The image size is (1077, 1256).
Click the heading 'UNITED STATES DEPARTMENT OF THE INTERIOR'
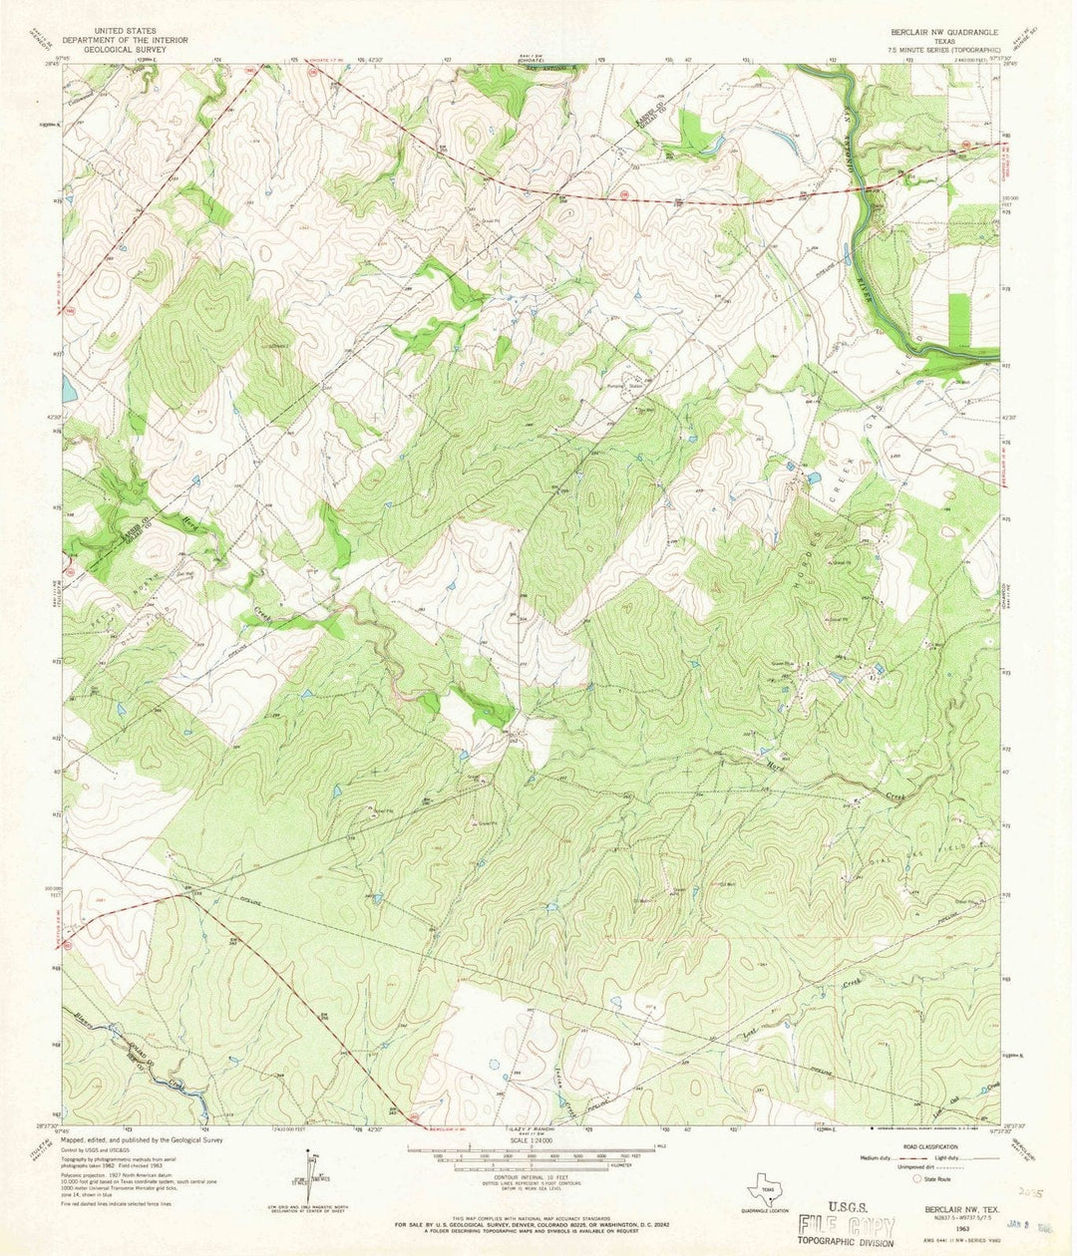[125, 34]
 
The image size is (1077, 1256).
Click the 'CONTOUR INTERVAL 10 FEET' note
[538, 1176]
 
